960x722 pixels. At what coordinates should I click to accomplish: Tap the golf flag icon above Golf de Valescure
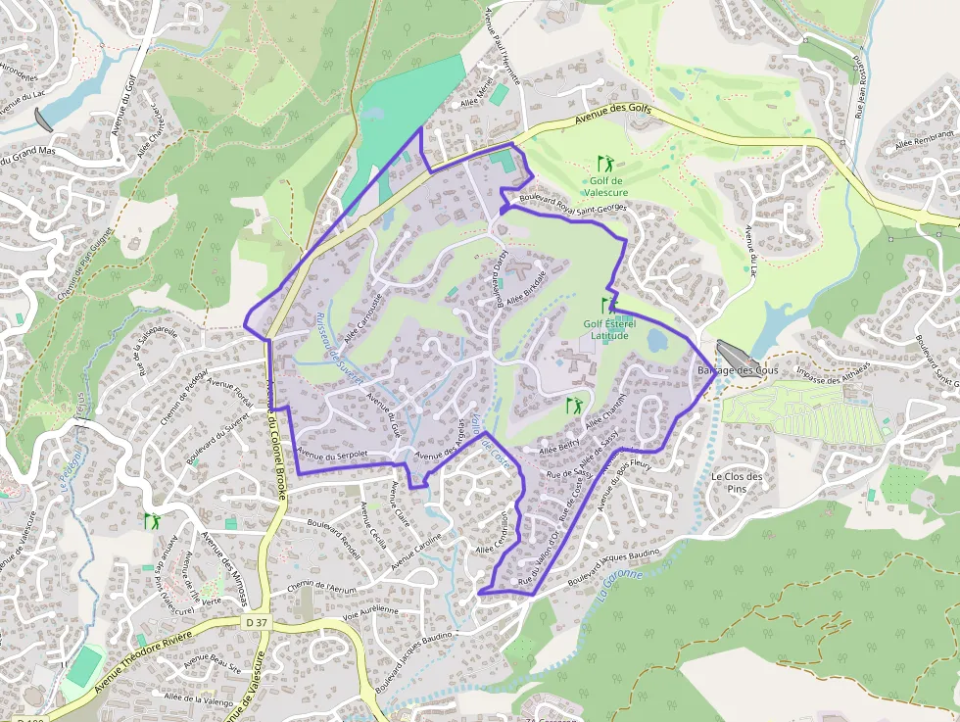(605, 164)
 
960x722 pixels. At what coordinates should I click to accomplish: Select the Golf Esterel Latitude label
(609, 329)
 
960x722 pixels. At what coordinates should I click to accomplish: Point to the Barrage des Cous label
(736, 370)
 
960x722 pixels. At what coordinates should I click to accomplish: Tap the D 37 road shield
(256, 622)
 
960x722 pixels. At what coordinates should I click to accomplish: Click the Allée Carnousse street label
(362, 314)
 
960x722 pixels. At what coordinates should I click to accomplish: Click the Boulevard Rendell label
(334, 538)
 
